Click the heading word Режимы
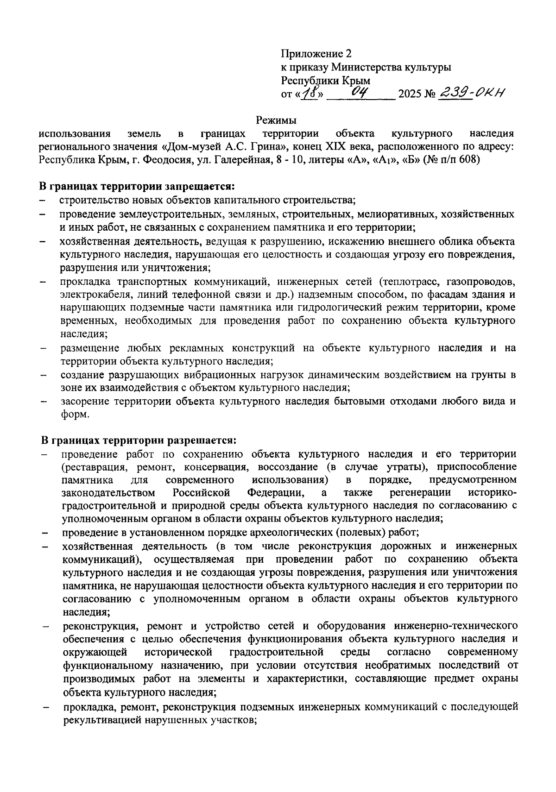click(x=277, y=121)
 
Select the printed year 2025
click(x=410, y=94)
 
